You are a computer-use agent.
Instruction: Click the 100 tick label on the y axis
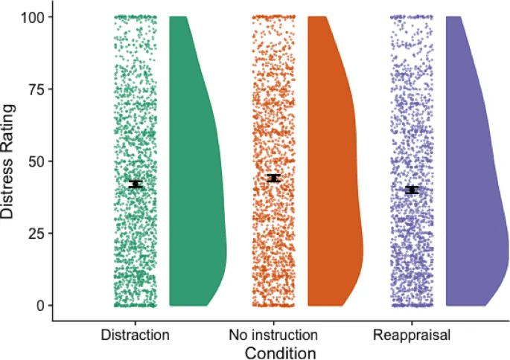30,16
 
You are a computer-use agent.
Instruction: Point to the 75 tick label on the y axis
34,89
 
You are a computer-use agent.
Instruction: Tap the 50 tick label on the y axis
34,161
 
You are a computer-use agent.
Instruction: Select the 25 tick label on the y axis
34,234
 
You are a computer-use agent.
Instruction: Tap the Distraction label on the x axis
135,335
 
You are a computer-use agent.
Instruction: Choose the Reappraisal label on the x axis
412,335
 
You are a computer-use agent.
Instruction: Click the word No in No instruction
239,335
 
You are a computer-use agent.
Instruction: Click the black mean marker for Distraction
135,184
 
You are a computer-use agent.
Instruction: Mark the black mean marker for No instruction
273,178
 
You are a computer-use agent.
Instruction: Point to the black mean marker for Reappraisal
412,190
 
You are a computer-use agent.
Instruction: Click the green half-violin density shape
195,186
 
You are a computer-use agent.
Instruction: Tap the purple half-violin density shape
473,186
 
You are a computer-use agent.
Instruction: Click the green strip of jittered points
135,112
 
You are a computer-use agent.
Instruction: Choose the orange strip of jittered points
273,112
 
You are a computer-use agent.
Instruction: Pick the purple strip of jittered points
412,112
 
